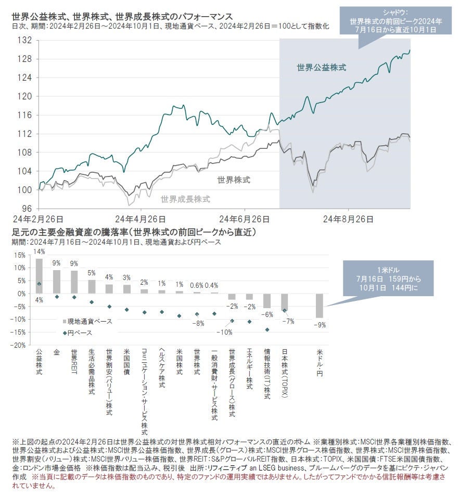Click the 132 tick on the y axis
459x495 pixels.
25,40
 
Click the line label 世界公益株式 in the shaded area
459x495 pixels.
321,67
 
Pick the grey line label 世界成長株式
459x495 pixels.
185,199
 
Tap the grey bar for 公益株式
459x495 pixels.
39,276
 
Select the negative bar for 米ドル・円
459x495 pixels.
319,306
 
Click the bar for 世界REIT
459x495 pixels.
74,282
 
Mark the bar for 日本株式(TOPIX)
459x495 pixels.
284,302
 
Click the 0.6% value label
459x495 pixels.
197,285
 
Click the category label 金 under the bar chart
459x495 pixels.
56,352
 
